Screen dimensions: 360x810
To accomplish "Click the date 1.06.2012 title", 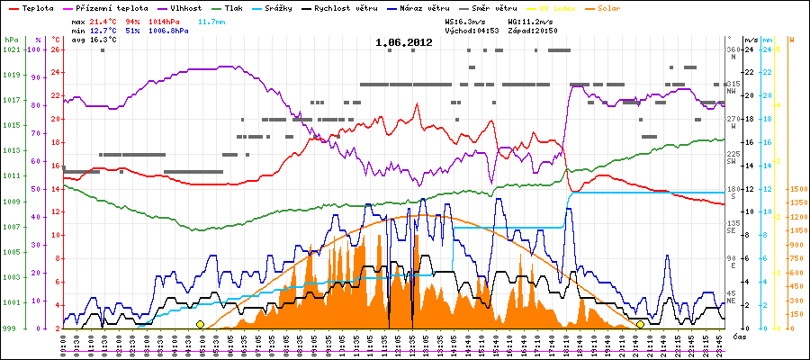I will tap(404, 41).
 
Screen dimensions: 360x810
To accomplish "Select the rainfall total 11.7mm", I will tap(211, 20).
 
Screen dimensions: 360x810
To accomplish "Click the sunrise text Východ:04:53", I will tap(472, 30).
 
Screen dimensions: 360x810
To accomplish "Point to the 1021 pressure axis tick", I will tap(10, 49).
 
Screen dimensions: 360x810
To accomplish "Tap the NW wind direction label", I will tap(733, 91).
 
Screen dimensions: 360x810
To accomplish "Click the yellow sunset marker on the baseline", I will tap(640, 324).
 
